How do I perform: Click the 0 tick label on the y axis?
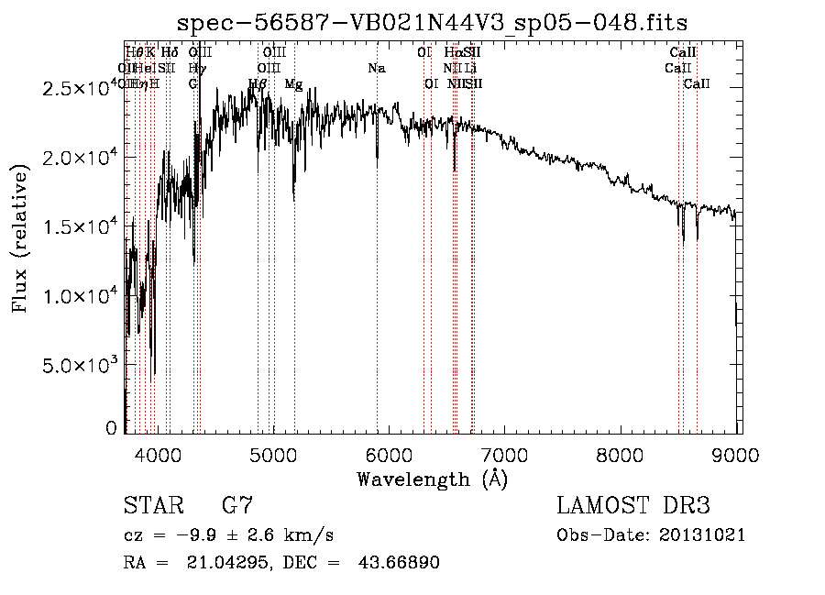[111, 427]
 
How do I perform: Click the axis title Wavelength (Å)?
[432, 479]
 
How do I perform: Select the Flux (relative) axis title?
[20, 239]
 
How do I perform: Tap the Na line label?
[377, 68]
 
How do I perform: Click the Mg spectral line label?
[293, 83]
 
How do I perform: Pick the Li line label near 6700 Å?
[469, 68]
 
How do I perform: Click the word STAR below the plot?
[153, 506]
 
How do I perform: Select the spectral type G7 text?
[236, 506]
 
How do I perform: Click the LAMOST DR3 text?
[633, 506]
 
